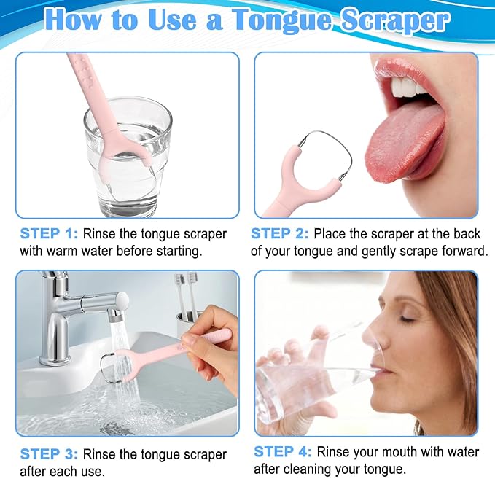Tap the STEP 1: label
48,234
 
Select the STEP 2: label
279,234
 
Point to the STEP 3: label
48,454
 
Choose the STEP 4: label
282,452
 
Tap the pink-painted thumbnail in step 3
187,339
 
